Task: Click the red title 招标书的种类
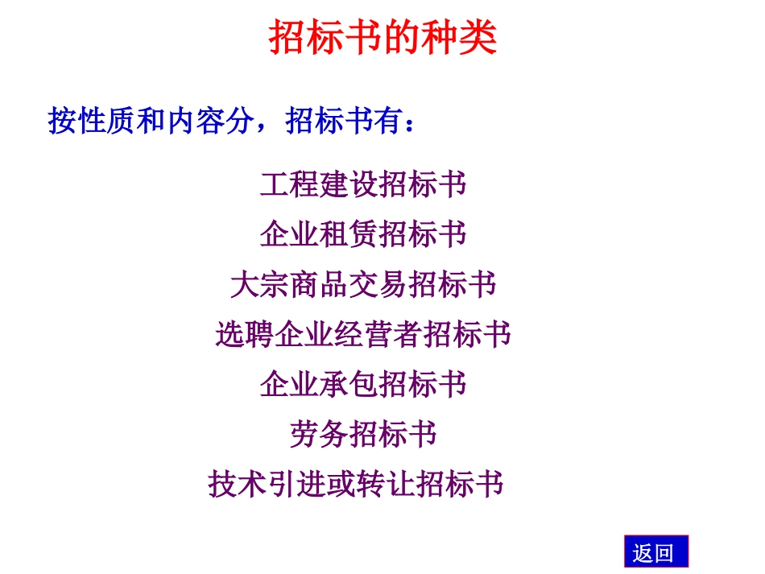point(382,38)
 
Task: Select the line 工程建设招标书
point(363,185)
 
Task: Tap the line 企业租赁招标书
point(363,235)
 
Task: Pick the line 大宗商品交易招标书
point(363,285)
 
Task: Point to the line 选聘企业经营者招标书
point(363,335)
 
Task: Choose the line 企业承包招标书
point(363,385)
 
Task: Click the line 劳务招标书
point(363,435)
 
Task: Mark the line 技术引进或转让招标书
point(356,485)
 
